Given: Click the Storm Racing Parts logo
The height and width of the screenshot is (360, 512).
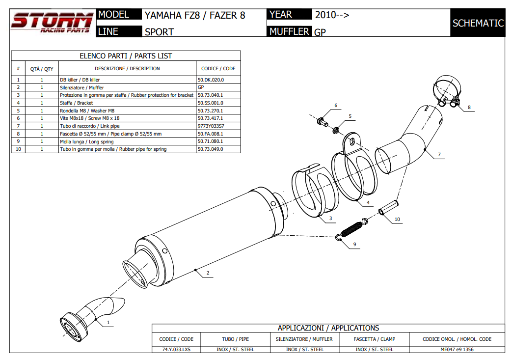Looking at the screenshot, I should point(52,23).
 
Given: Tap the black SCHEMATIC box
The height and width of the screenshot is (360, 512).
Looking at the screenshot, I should point(478,23).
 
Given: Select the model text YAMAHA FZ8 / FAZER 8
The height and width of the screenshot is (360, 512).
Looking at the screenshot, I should point(194,15).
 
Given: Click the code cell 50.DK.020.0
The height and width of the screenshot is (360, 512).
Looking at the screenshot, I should point(211,79).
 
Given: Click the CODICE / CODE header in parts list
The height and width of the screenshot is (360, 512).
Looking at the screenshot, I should point(218,69).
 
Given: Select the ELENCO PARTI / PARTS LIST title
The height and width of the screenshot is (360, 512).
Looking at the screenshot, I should point(126,56).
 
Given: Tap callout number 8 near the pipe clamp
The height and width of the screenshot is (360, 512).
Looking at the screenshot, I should point(469,107).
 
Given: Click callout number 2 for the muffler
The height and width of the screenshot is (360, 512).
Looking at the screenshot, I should point(208,273).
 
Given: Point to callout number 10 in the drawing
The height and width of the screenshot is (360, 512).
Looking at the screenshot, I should point(397,219).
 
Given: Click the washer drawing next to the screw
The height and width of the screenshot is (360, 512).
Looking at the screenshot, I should point(336,130).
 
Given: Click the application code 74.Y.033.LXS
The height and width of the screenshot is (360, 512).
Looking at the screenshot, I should point(176,349).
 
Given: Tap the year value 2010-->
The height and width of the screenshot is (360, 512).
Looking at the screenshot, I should point(332,15).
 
